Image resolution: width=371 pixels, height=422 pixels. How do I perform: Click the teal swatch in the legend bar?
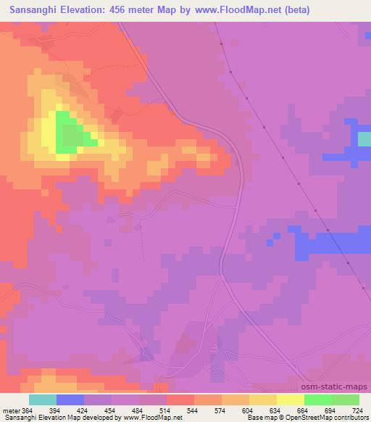[x=43, y=400]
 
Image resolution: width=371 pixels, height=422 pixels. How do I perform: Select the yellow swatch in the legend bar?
[x=291, y=400]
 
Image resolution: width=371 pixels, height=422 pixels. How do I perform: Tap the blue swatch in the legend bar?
[x=70, y=400]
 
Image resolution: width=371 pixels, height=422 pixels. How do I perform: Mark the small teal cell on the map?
[x=364, y=138]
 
